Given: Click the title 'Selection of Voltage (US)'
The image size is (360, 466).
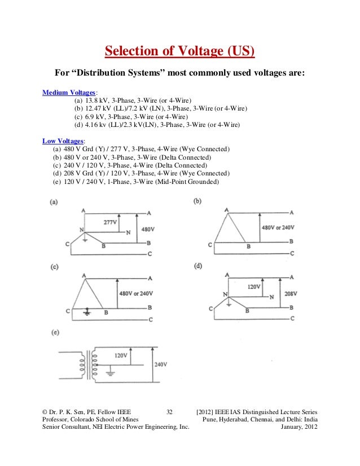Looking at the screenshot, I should tap(179, 53).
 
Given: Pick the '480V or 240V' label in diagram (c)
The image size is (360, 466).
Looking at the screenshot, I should tap(137, 293).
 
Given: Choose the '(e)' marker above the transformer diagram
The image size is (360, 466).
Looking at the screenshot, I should tap(55, 333).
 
